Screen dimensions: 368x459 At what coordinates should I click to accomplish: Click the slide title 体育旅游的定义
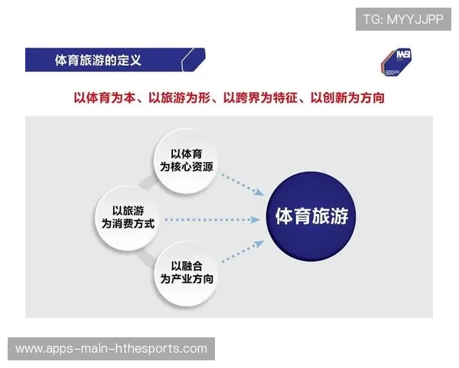tap(98, 59)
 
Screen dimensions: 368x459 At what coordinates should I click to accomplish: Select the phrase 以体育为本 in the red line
tap(106, 98)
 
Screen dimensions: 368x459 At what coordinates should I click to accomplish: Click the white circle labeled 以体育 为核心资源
tap(187, 160)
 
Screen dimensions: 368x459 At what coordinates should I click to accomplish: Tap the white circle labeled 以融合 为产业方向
tap(187, 274)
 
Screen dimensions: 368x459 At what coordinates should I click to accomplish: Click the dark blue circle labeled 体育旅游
tap(311, 216)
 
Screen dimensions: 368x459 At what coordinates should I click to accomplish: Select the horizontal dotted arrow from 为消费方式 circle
tap(212, 220)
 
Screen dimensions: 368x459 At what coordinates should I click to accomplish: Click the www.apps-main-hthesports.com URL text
tap(112, 349)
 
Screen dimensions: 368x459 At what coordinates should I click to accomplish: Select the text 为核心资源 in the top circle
tap(187, 167)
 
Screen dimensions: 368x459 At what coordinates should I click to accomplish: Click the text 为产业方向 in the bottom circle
tap(187, 281)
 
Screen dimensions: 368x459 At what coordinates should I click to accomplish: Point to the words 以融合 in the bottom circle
tap(187, 266)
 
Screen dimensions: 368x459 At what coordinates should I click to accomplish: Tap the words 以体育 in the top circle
tap(187, 153)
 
